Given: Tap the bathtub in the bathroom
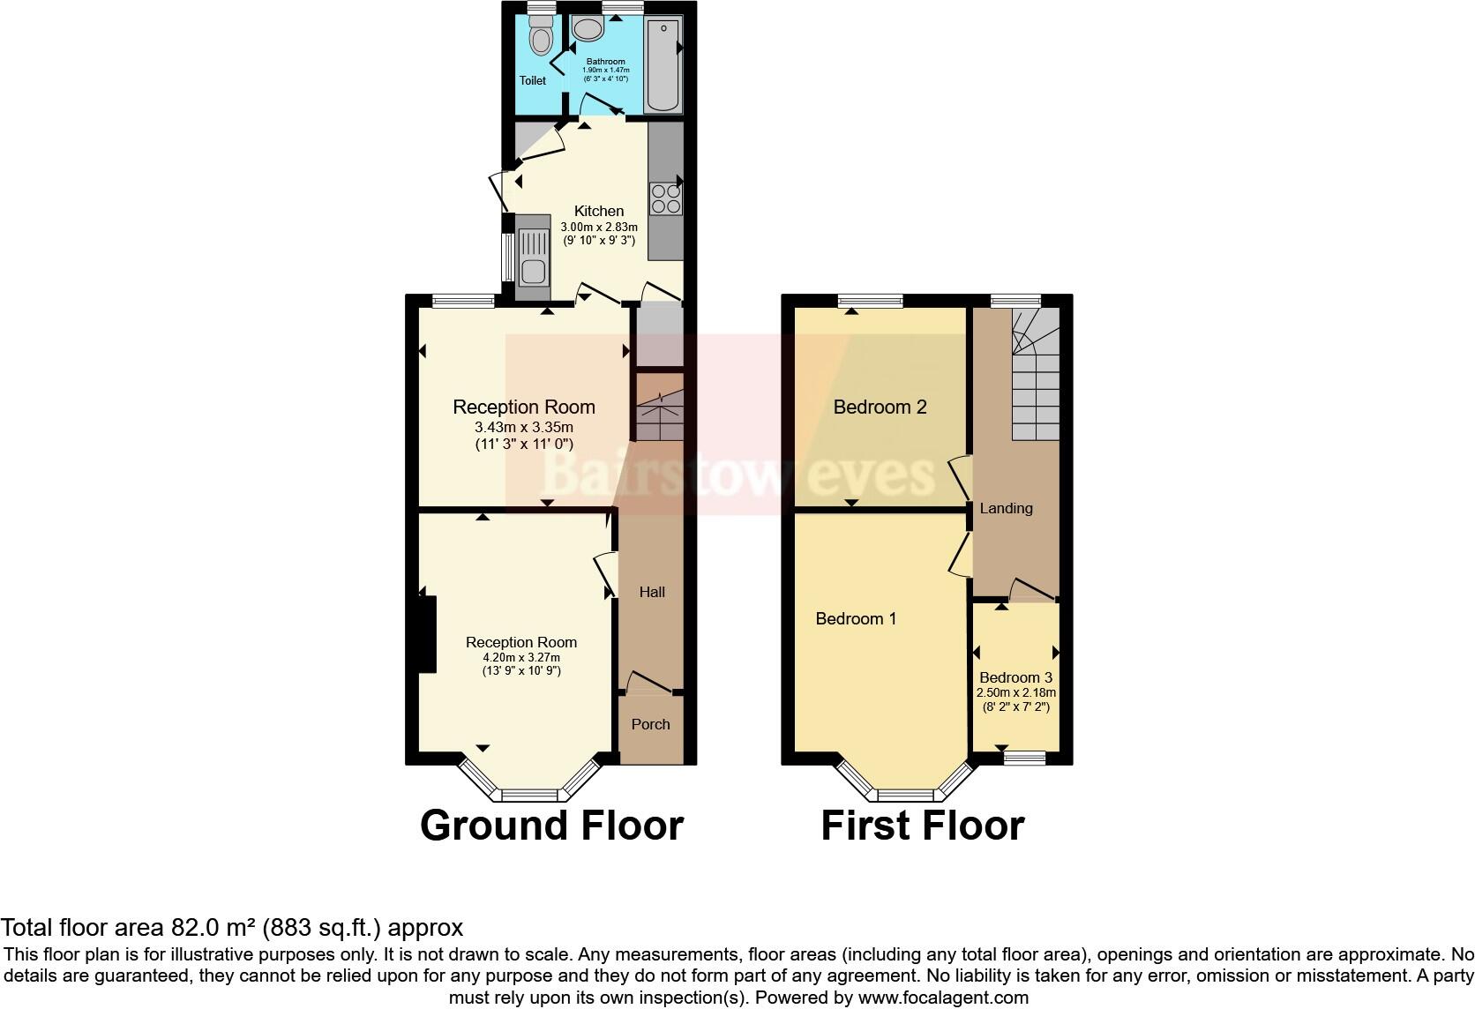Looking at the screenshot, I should coord(663,67).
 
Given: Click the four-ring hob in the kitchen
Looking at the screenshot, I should coord(665,198).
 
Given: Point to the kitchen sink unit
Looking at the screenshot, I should coord(532,257).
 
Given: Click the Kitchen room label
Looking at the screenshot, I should coord(599,211).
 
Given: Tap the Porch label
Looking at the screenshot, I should coord(650,724).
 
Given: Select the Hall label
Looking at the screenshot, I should coord(652,592).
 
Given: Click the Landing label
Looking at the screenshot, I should coord(1006,508).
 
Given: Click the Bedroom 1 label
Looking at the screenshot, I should coord(856,618).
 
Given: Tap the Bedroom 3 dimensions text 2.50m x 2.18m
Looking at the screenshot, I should coord(1015,693).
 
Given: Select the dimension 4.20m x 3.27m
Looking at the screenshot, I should coord(521,657).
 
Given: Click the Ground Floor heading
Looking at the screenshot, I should coord(551,826).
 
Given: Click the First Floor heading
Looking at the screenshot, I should coord(922,826).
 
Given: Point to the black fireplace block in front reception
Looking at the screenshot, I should coord(427,635).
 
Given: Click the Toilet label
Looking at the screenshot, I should coord(532,80).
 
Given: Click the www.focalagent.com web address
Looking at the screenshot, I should coord(943,998).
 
